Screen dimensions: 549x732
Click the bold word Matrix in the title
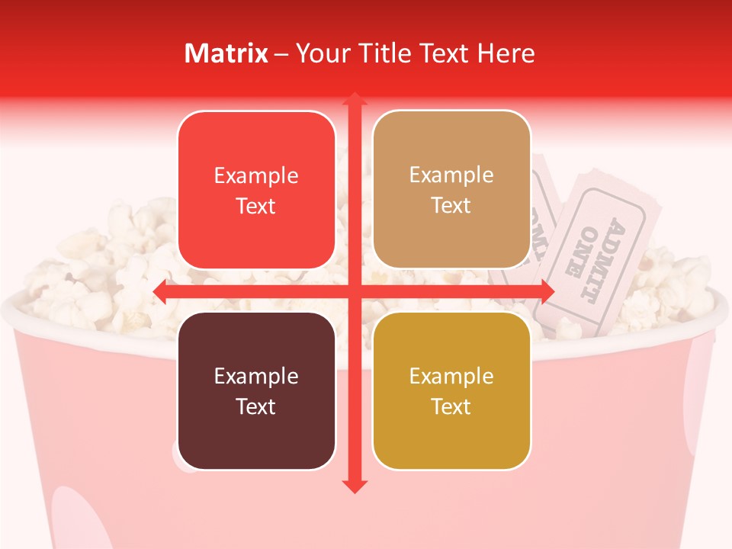[226, 53]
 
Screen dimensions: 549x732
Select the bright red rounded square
[256, 190]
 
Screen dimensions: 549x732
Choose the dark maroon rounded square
[256, 390]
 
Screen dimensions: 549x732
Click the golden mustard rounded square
[451, 390]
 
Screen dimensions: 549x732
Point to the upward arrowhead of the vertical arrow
[354, 100]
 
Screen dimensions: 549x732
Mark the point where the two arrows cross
[354, 291]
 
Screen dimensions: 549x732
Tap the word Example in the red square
[256, 176]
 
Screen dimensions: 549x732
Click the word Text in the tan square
[451, 206]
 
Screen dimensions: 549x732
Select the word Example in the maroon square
[256, 377]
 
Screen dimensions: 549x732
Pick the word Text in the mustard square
[451, 406]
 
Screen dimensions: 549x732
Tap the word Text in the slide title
[441, 53]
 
